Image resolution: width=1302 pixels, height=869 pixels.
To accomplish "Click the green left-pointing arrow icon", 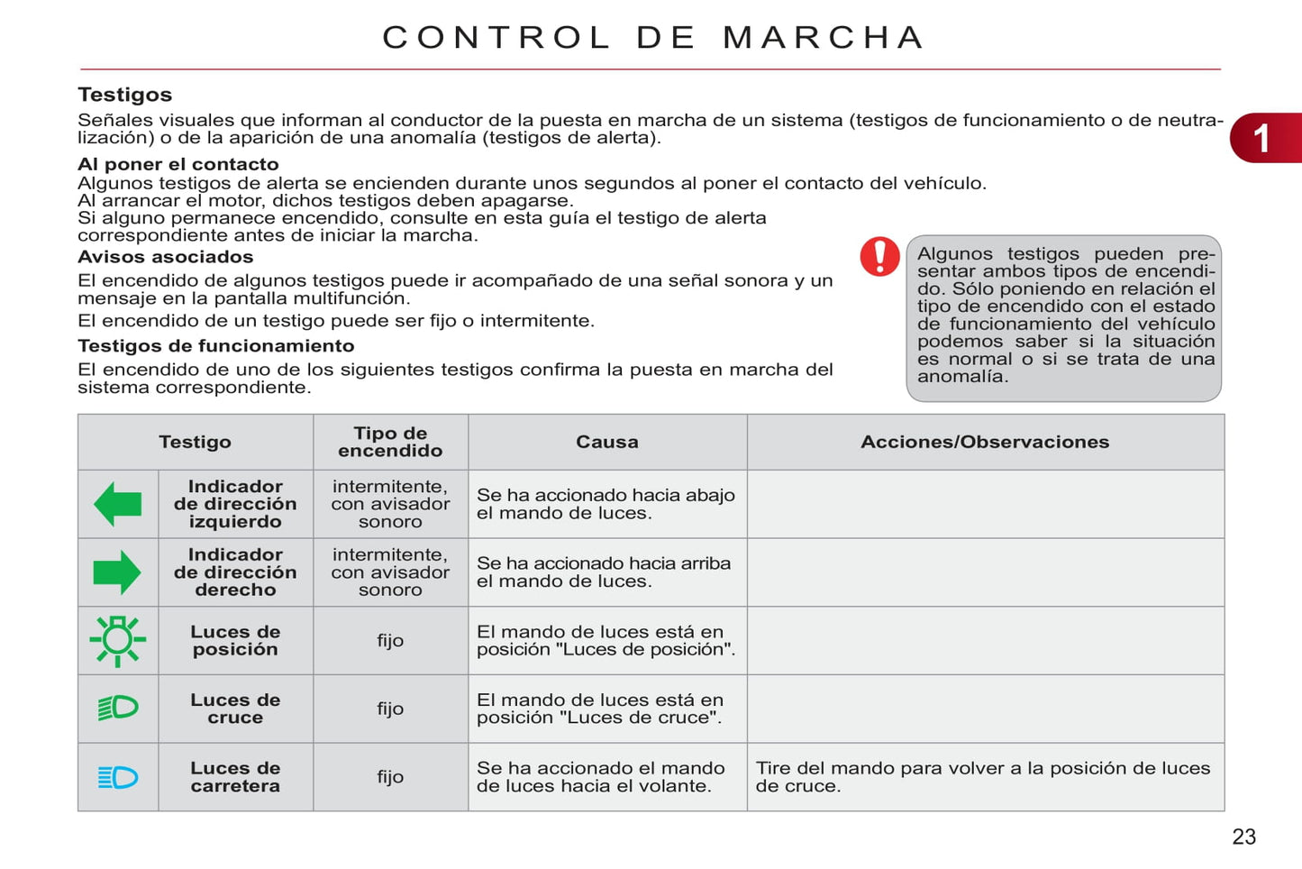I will [x=118, y=504].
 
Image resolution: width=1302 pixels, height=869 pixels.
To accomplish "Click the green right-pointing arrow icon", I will [x=117, y=572].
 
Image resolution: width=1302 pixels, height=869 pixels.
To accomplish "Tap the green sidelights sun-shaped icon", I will [x=117, y=640].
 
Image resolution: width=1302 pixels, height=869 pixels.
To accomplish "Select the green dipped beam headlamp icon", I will [x=118, y=709].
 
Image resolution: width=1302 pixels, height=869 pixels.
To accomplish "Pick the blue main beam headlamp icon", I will [x=118, y=777].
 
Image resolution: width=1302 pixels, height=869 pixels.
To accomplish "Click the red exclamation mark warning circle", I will [x=879, y=256].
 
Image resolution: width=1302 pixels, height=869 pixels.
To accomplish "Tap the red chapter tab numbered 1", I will [x=1265, y=138].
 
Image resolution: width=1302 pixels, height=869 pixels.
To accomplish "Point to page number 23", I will [x=1243, y=837].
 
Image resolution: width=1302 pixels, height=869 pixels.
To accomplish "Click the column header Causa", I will [x=606, y=442].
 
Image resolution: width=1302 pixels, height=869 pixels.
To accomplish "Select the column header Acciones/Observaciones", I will [x=985, y=442].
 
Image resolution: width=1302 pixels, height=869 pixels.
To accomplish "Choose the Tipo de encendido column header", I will [x=390, y=442].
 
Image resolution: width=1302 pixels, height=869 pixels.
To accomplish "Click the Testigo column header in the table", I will [x=195, y=442].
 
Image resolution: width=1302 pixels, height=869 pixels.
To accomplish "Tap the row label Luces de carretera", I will [x=235, y=777].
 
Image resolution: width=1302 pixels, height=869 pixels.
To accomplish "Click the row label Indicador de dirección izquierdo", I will [x=235, y=504].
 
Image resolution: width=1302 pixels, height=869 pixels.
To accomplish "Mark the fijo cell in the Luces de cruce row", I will [x=390, y=709].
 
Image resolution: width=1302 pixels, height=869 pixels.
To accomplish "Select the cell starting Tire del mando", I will [x=982, y=777].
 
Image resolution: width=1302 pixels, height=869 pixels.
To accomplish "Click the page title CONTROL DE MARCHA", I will [x=653, y=38].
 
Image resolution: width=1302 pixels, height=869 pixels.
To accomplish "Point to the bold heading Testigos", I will [x=124, y=95].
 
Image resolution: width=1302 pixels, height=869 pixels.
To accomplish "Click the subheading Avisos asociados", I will [x=166, y=257].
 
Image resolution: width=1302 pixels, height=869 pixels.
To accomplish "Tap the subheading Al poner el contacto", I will [x=178, y=164].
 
